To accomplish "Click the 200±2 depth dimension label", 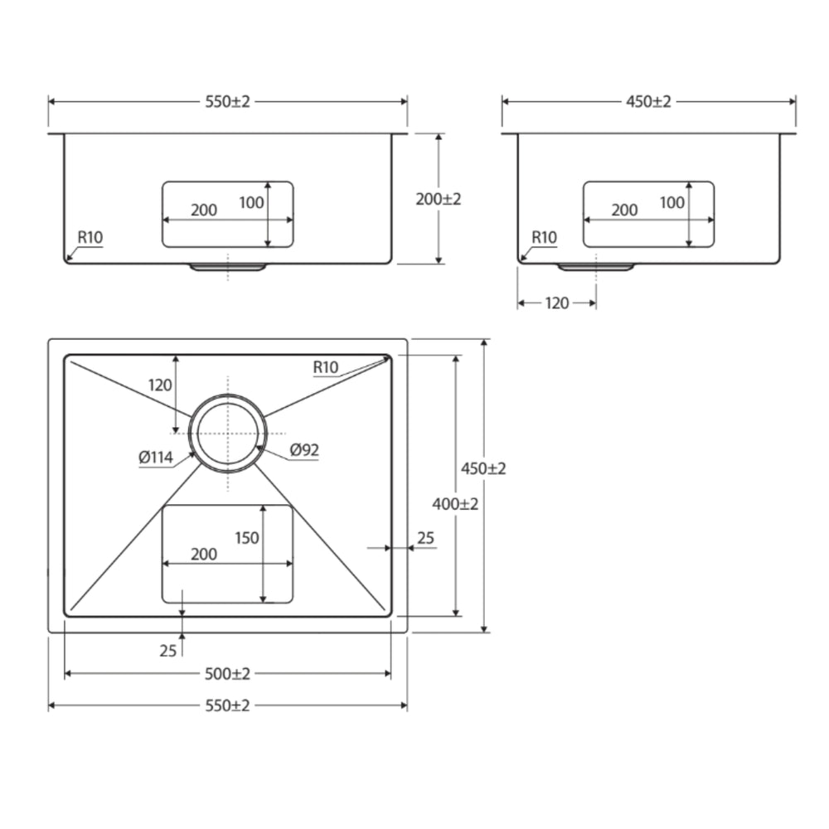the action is pyautogui.click(x=439, y=199).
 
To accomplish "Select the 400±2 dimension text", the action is pyautogui.click(x=455, y=504).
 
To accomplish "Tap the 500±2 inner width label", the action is pyautogui.click(x=227, y=673).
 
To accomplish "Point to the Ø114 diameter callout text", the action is pyautogui.click(x=156, y=457).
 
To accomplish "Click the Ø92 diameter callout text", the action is pyautogui.click(x=304, y=450).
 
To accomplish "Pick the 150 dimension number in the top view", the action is pyautogui.click(x=247, y=538).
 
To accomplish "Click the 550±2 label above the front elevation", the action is pyautogui.click(x=227, y=101).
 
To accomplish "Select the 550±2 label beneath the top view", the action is pyautogui.click(x=227, y=705).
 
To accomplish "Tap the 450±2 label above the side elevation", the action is pyautogui.click(x=649, y=101).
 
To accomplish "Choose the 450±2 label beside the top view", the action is pyautogui.click(x=483, y=468).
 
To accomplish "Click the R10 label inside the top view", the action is pyautogui.click(x=326, y=367).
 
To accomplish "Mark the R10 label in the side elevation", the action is pyautogui.click(x=544, y=237).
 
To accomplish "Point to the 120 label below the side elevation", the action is pyautogui.click(x=557, y=303).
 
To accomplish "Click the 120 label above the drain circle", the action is pyautogui.click(x=160, y=385).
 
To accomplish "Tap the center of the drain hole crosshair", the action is pyautogui.click(x=228, y=434).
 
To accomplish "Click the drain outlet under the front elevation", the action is pyautogui.click(x=228, y=267).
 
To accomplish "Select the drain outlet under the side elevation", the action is pyautogui.click(x=596, y=267).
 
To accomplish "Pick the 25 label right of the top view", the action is pyautogui.click(x=425, y=538).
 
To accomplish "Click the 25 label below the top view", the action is pyautogui.click(x=168, y=650).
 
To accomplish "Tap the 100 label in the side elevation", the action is pyautogui.click(x=672, y=202).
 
